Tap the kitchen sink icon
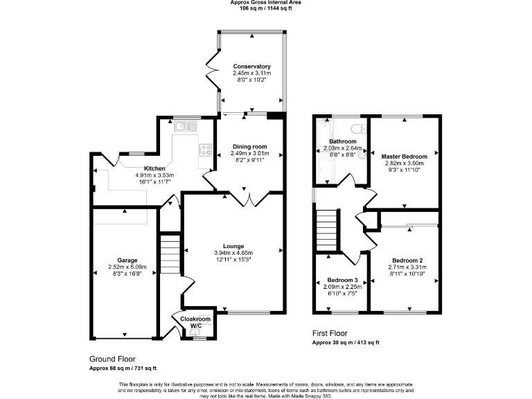click(x=184, y=125)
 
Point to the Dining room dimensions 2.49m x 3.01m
click(x=249, y=153)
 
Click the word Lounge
click(x=232, y=246)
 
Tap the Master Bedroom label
click(x=405, y=157)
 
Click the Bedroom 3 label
click(x=342, y=280)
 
